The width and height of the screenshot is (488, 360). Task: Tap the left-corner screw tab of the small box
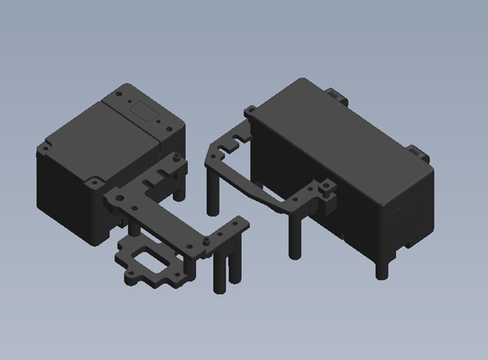coord(42,150)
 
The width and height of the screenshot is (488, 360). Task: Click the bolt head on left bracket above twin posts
coord(207,237)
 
